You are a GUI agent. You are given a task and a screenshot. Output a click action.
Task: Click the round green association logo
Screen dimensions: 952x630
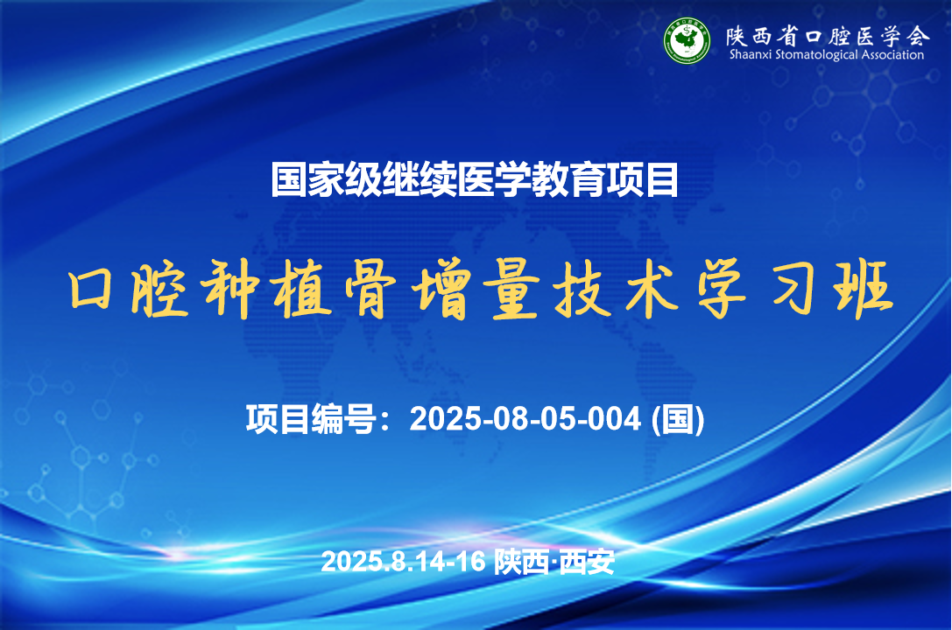pyautogui.click(x=687, y=40)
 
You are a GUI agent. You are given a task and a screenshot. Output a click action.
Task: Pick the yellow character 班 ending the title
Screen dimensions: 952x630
pyautogui.click(x=864, y=290)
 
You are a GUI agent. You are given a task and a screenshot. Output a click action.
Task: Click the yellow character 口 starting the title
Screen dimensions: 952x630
pyautogui.click(x=91, y=290)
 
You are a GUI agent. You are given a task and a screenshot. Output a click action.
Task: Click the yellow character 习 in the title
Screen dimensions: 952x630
pyautogui.click(x=793, y=290)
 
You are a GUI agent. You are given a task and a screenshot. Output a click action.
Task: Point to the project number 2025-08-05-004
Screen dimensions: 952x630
pyautogui.click(x=525, y=418)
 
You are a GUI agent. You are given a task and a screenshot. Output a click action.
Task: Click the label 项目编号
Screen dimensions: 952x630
pyautogui.click(x=311, y=418)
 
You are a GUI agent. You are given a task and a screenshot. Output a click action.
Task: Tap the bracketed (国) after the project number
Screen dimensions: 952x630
pyautogui.click(x=678, y=419)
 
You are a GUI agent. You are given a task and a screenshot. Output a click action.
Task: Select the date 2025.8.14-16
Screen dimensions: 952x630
pyautogui.click(x=403, y=562)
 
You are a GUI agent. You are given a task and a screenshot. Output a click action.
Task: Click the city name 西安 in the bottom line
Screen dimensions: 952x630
pyautogui.click(x=587, y=562)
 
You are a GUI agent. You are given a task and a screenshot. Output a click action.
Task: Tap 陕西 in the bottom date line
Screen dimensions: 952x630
pyautogui.click(x=521, y=562)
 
